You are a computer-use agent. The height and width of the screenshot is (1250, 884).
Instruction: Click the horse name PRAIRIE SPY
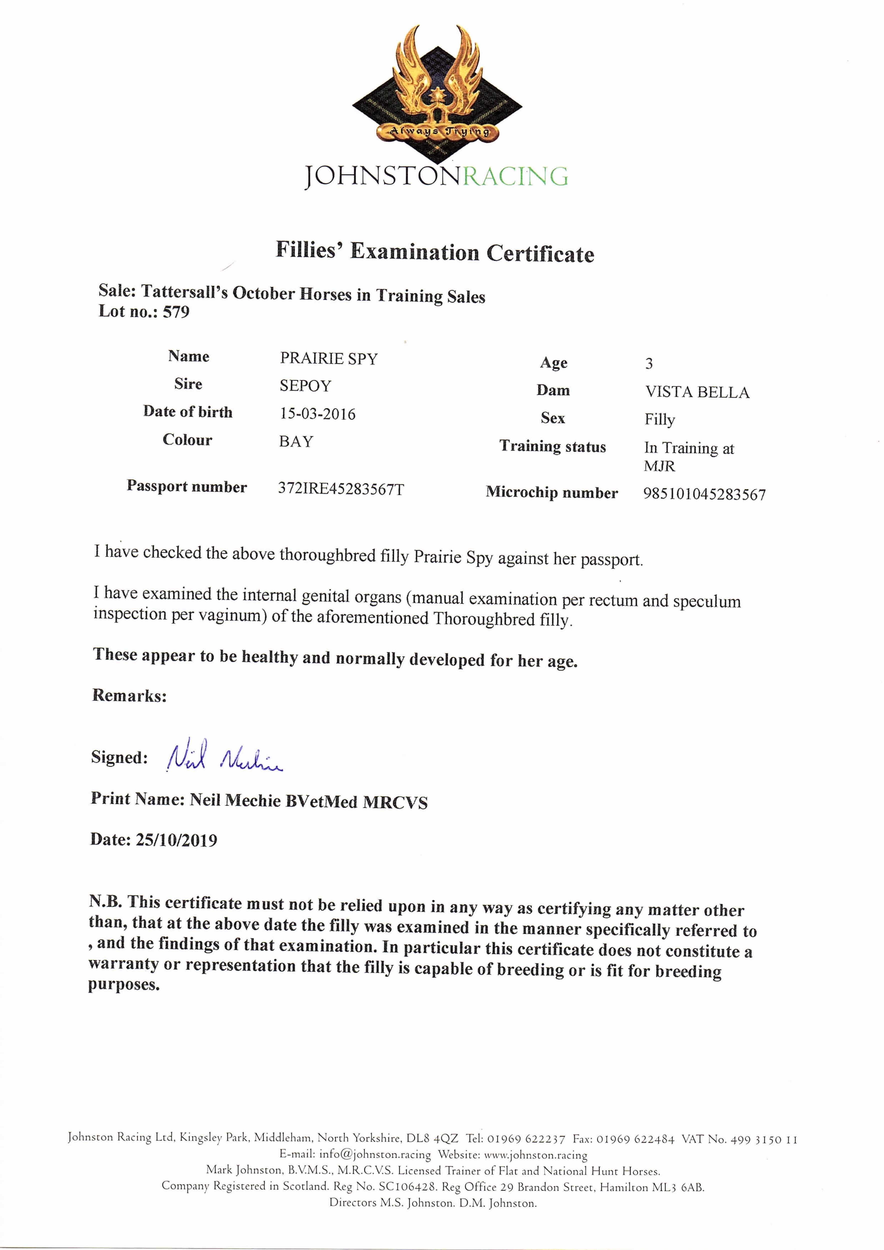(x=328, y=359)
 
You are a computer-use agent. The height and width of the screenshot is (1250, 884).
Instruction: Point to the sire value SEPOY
(x=305, y=386)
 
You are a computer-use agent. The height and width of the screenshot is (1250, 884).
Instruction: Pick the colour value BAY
(x=296, y=441)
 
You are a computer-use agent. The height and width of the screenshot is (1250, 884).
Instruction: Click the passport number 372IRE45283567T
(x=341, y=489)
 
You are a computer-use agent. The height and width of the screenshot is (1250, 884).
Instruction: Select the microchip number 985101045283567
(x=704, y=494)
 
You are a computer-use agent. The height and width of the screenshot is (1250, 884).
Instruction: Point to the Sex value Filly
(x=660, y=420)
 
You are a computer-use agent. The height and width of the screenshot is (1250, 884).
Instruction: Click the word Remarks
(x=129, y=696)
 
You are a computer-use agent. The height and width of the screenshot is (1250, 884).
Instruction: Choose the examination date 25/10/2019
(x=177, y=840)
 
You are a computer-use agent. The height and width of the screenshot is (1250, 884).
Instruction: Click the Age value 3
(x=649, y=364)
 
